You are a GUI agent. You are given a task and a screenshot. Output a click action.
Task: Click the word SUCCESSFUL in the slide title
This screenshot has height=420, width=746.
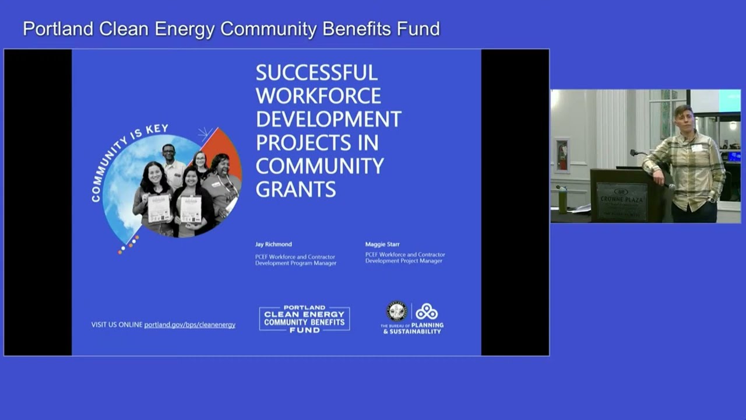(x=316, y=73)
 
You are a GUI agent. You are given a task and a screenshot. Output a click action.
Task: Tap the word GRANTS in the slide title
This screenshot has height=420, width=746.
(x=295, y=189)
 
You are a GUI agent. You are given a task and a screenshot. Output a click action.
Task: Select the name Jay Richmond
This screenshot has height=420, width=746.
(x=273, y=244)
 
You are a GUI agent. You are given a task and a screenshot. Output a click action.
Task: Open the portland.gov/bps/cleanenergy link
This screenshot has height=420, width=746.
(x=189, y=325)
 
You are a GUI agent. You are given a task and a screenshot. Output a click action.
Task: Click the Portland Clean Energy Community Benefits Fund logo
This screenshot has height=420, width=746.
(x=304, y=319)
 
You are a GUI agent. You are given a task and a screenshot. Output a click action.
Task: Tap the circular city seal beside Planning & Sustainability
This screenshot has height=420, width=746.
(x=396, y=311)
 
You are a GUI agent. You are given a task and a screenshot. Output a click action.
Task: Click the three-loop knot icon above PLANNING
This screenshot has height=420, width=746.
(x=426, y=311)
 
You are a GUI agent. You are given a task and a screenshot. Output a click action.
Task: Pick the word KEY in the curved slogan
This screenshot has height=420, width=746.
(x=157, y=129)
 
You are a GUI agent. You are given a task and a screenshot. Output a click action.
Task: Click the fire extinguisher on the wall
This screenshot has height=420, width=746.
(x=562, y=156)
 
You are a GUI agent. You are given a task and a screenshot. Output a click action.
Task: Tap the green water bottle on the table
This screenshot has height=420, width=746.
(x=562, y=198)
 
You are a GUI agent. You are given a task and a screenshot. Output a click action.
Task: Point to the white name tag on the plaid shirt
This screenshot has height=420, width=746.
(x=696, y=148)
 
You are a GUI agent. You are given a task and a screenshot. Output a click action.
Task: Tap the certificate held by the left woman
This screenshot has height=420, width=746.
(x=159, y=208)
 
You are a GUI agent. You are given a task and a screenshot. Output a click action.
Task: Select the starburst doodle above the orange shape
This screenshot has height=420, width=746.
(x=204, y=135)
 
